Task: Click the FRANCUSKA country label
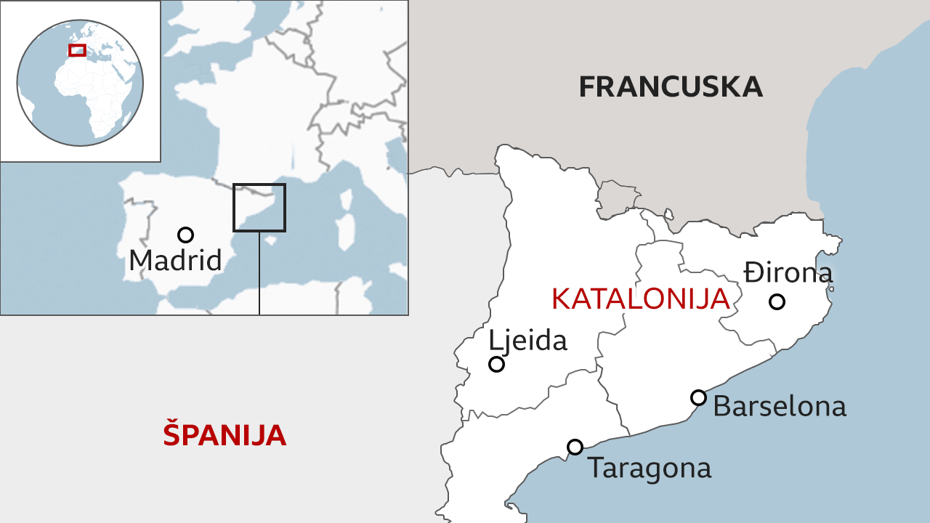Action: (x=671, y=86)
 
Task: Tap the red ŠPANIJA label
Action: (x=225, y=434)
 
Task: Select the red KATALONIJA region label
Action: (x=640, y=299)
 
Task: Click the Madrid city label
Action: (x=175, y=260)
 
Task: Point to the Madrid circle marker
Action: (x=185, y=235)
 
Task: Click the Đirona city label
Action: (x=788, y=273)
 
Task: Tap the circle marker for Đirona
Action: (x=777, y=301)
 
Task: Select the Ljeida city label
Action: (x=527, y=340)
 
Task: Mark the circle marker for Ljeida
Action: (x=496, y=364)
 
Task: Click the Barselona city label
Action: (x=780, y=406)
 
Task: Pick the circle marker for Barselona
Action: (x=698, y=397)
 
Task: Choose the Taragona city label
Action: (x=649, y=468)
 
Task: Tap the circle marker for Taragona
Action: (x=575, y=447)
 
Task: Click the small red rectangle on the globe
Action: (x=77, y=50)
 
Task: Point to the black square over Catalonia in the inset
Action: (x=259, y=207)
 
